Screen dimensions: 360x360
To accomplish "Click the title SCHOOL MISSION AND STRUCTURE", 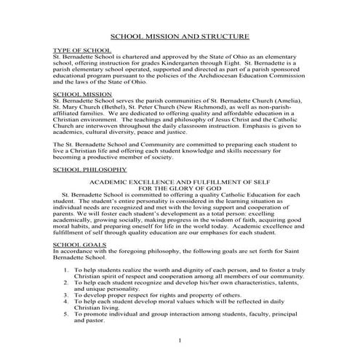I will point(179,36).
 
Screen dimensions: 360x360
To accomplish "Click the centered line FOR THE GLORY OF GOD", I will point(179,189).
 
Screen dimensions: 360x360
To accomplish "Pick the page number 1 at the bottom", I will point(179,340).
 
